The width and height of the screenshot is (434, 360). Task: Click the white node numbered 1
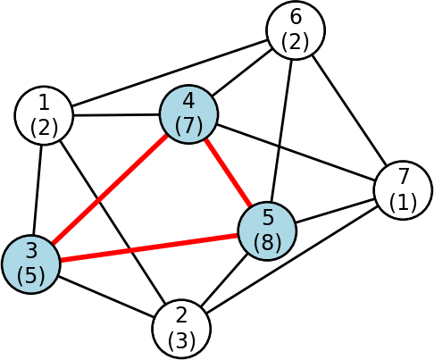pos(44,115)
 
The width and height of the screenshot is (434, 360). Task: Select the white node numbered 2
pos(181,329)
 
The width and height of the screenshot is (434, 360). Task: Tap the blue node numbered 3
pos(31,264)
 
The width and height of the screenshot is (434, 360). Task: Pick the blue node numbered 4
pos(188,114)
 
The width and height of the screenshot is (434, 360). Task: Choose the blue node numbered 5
pos(267,230)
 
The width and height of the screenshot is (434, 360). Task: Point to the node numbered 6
pos(296,30)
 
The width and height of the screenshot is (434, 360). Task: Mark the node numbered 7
pos(403,190)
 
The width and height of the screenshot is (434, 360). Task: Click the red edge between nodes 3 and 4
pos(109,188)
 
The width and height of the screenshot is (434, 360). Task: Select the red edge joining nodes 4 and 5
pos(228,172)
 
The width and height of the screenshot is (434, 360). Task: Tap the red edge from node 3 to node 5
pos(149,247)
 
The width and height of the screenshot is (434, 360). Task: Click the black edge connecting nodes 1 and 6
pos(170,72)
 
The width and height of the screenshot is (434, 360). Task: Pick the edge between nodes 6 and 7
pos(349,110)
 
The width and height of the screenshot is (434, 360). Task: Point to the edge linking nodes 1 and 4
pos(116,114)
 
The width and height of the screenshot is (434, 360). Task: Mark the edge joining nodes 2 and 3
pos(106,297)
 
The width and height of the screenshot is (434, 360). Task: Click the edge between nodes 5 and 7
pos(335,211)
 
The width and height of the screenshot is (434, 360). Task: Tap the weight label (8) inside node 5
pos(267,241)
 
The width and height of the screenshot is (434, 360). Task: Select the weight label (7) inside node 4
pos(188,125)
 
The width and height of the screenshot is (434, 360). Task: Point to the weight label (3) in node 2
pos(181,339)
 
